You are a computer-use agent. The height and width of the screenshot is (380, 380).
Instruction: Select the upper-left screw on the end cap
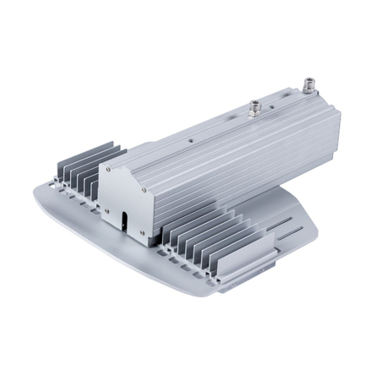coord(108,170)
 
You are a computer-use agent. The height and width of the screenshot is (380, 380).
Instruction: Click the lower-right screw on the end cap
coord(143,231)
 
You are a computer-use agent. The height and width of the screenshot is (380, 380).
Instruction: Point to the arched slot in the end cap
coord(125,222)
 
